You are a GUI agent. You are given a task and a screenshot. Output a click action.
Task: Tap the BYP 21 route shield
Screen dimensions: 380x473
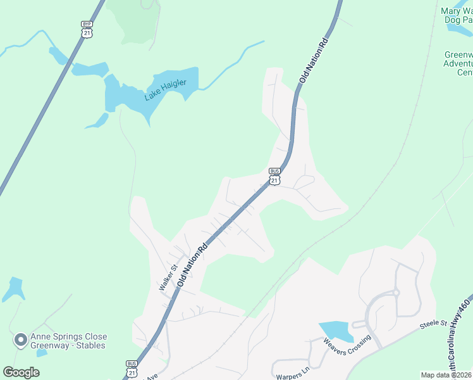pos(87,29)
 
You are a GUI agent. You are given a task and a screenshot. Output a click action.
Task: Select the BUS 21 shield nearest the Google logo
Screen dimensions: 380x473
pos(132,369)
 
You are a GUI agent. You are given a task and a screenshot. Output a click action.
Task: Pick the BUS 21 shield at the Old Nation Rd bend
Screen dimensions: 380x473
pos(274,176)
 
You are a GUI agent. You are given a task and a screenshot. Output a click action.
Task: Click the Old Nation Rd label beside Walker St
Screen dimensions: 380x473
pos(193,265)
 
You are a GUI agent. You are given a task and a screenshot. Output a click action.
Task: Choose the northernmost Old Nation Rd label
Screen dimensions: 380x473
pos(314,61)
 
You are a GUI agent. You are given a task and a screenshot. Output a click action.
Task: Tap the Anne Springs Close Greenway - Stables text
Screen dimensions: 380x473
pos(70,341)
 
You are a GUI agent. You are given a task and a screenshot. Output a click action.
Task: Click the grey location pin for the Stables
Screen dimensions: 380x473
pos(20,341)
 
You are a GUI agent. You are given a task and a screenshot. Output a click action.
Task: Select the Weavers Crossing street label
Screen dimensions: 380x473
pos(347,346)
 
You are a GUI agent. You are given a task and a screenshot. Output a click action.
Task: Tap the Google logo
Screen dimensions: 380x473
pos(21,372)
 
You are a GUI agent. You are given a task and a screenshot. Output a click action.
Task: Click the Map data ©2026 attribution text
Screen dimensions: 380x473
pos(446,375)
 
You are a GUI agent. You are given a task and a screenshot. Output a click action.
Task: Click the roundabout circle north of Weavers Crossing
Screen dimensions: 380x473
pos(396,293)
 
